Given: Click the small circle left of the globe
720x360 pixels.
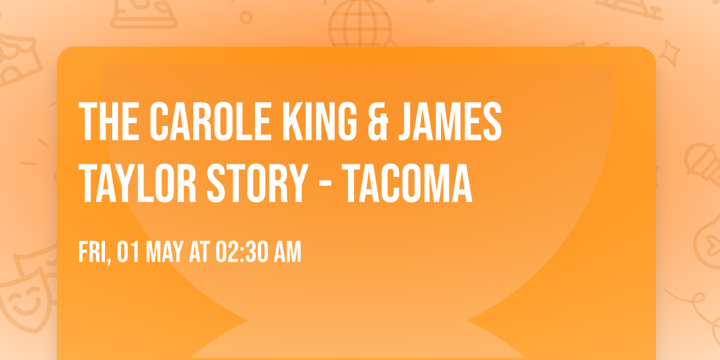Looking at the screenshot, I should click(x=246, y=18).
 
